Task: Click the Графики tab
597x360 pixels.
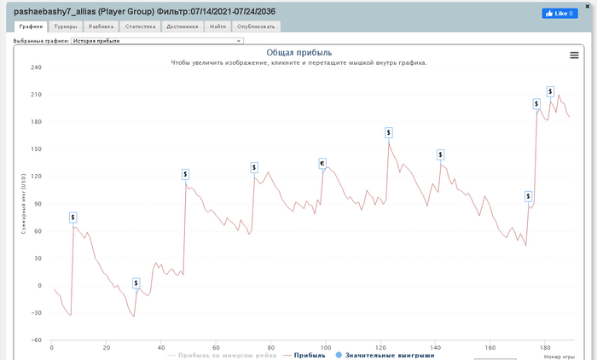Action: point(31,26)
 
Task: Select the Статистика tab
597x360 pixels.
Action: point(140,26)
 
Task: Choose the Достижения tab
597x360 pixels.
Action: point(181,26)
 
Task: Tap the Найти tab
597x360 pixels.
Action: point(217,26)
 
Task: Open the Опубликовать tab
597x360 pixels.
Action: point(257,26)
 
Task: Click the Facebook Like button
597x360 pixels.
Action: point(559,13)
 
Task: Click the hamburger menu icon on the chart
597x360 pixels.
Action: point(574,55)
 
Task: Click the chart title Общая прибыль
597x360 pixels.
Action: point(298,53)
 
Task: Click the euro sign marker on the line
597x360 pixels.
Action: point(322,163)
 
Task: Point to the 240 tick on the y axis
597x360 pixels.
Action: point(36,67)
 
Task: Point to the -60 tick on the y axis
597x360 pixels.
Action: point(36,340)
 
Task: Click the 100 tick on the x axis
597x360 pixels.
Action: point(325,347)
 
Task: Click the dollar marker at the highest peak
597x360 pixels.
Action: point(551,91)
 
